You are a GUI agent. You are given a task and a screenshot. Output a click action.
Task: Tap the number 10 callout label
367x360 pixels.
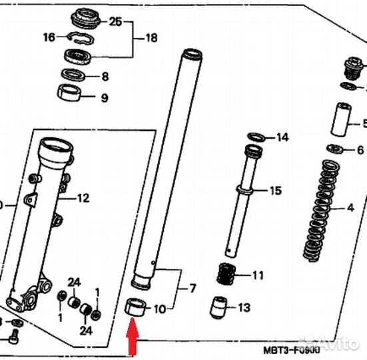click(159, 309)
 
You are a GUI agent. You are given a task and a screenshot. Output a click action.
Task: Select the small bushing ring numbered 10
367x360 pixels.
click(135, 308)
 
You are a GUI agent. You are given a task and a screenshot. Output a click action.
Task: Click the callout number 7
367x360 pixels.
click(192, 289)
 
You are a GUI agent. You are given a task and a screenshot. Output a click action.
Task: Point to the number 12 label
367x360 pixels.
click(83, 197)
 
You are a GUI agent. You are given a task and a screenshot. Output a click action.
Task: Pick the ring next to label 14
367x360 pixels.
click(255, 138)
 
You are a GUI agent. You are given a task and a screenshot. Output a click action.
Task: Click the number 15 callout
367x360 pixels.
click(275, 191)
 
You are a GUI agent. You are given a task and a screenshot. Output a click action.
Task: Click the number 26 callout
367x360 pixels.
click(115, 22)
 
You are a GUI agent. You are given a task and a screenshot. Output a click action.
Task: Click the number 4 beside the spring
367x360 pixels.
click(350, 208)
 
